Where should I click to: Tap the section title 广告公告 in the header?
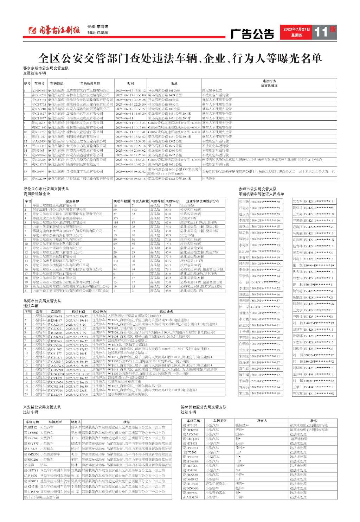pos(252,34)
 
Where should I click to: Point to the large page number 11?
pos(321,32)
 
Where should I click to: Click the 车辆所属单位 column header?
pos(90,83)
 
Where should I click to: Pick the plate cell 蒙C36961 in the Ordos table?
pos(39,172)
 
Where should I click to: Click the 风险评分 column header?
pos(172,201)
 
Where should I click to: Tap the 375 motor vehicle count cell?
pos(116,218)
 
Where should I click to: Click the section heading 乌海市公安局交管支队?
pos(42,301)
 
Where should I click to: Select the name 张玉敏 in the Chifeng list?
pos(244,202)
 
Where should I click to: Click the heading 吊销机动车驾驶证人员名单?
pos(261,194)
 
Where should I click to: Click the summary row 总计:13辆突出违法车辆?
pos(41,497)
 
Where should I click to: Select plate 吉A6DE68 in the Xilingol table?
pos(190,497)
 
